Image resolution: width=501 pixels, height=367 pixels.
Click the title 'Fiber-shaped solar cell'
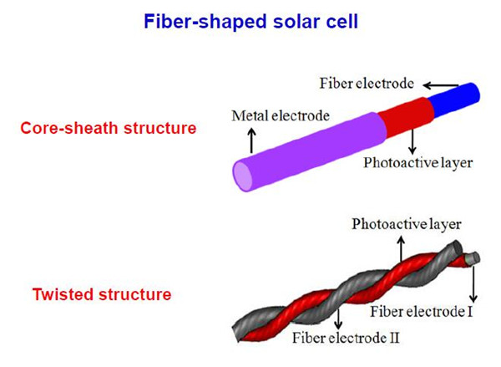[250, 22]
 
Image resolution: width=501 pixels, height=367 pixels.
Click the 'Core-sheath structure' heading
[109, 128]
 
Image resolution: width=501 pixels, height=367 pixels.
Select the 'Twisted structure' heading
[102, 294]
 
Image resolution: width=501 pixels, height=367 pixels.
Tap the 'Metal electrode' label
[281, 115]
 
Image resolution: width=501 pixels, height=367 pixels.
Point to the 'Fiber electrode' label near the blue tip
[367, 84]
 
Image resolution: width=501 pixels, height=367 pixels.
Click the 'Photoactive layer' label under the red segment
[418, 163]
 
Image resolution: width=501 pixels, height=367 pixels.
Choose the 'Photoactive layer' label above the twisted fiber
[407, 224]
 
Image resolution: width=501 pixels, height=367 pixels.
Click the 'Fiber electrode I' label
[422, 312]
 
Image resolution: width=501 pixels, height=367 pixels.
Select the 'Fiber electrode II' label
[346, 338]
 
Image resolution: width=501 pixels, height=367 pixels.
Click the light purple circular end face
[242, 176]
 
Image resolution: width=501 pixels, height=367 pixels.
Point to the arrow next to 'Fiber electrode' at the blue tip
[441, 85]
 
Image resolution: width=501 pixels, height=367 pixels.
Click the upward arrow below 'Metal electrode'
[252, 140]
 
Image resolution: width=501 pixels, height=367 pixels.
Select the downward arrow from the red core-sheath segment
[412, 141]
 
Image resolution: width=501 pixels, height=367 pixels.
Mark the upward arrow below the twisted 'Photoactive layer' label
[402, 248]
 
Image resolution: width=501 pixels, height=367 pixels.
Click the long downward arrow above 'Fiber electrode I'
[473, 283]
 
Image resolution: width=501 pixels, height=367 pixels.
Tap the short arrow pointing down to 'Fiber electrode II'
[338, 319]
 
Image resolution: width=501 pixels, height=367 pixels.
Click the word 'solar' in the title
[296, 22]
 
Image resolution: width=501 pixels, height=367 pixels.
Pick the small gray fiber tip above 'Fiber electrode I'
[473, 257]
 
